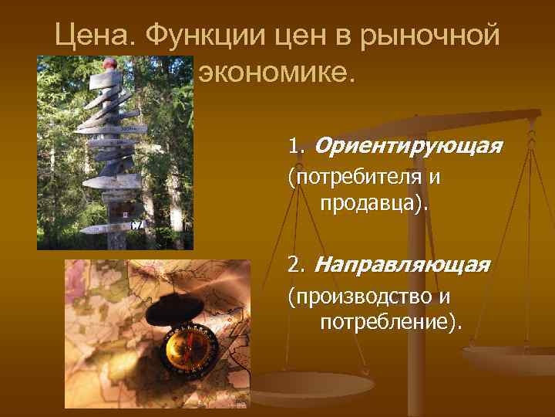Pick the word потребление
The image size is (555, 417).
point(389,321)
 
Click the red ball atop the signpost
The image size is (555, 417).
point(111,63)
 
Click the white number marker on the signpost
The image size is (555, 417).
point(136,225)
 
